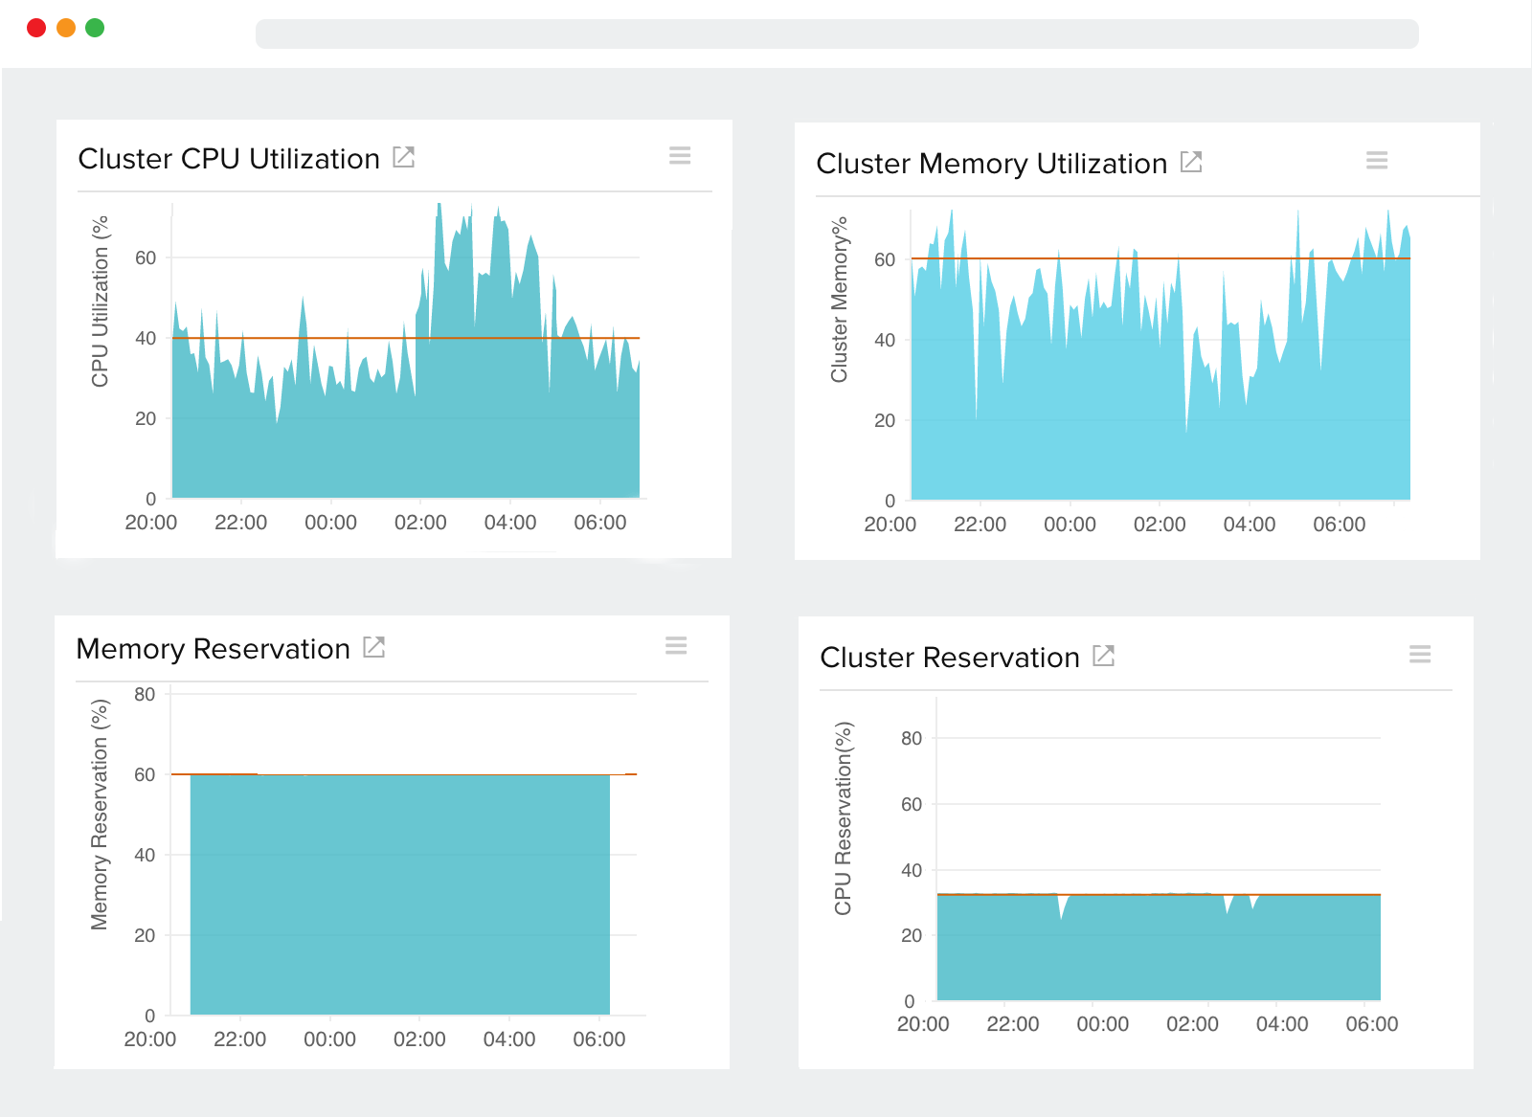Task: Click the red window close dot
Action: point(36,28)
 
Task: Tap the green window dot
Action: point(95,28)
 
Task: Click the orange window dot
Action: point(66,28)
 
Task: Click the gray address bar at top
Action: point(836,34)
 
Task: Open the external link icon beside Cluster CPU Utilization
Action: point(404,157)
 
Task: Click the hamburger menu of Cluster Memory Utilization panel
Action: point(1377,161)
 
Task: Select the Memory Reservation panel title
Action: point(213,649)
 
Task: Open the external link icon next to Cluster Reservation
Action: point(1104,656)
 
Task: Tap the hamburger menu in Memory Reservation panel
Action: point(676,646)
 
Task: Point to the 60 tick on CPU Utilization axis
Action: point(146,257)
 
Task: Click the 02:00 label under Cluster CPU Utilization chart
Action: point(420,523)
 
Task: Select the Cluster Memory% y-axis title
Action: point(839,300)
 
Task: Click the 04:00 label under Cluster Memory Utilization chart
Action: point(1250,525)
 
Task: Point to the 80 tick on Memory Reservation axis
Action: point(145,694)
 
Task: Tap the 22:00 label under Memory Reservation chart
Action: point(239,1039)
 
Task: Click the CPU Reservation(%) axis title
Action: point(843,818)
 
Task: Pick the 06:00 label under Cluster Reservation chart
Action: point(1372,1024)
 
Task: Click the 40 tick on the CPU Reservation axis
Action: point(912,870)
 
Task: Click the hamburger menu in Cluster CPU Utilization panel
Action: point(680,156)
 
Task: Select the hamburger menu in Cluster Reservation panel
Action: point(1420,655)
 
